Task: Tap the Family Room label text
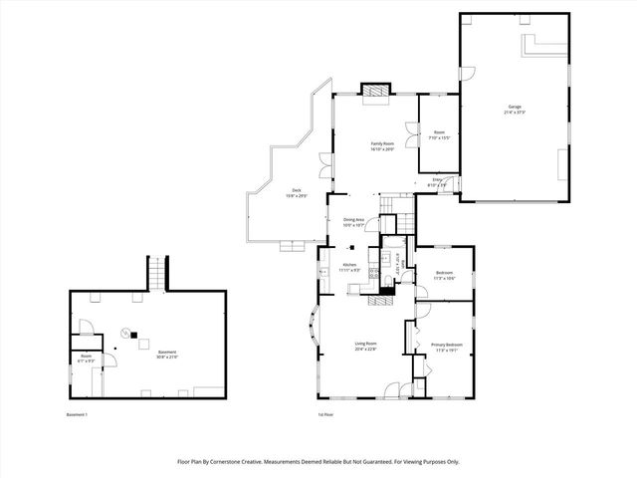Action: click(383, 146)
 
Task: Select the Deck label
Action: click(296, 193)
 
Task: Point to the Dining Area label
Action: click(353, 222)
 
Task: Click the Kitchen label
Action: click(349, 267)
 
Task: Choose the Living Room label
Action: click(366, 347)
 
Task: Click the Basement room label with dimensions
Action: click(167, 354)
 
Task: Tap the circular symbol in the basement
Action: click(125, 333)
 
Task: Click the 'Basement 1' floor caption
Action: click(78, 414)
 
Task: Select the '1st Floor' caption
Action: click(325, 414)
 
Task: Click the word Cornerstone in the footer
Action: click(254, 461)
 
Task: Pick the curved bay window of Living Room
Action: click(311, 329)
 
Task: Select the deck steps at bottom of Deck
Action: click(294, 245)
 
